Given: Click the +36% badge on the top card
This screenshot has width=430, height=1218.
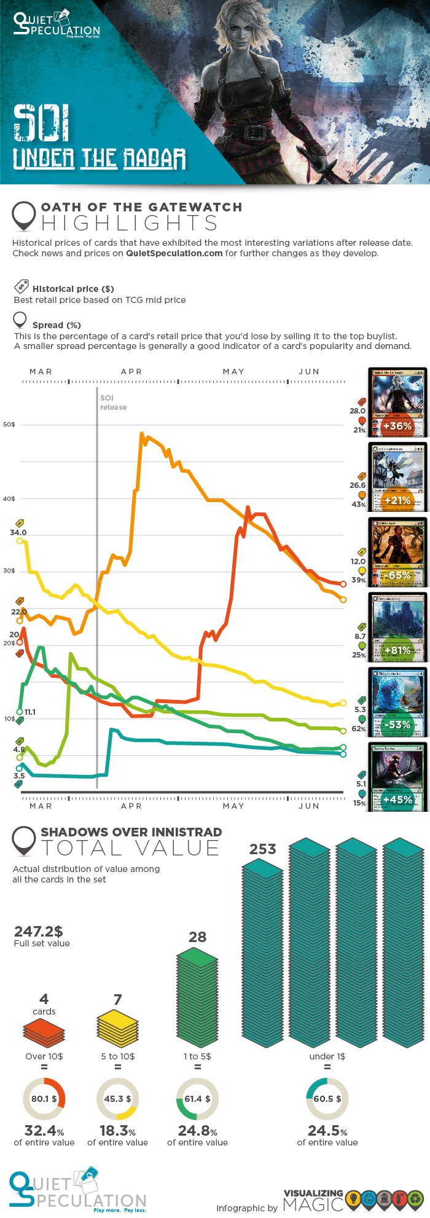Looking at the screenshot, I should pos(397,426).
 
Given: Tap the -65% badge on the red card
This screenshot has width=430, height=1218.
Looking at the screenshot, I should pos(397,575).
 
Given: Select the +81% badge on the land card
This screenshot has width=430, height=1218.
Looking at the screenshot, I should pos(397,650).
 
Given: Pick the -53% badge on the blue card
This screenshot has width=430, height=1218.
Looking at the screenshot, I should pos(397,725).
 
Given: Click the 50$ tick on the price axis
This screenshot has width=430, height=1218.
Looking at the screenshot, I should pos(9,425).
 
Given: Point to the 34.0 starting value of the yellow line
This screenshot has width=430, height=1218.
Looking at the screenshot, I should pos(18,533).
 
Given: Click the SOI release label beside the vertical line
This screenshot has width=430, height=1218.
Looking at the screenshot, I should pos(113,403).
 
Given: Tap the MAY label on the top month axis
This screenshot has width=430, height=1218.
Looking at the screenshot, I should pos(233,372).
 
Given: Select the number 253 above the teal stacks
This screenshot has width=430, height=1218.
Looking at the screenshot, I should pos(262,849).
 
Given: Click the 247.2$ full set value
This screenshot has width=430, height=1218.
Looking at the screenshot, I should pos(38,932).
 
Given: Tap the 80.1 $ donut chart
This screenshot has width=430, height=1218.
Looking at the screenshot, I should pos(44,1099).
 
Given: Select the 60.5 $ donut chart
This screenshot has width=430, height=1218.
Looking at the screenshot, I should pos(327,1099).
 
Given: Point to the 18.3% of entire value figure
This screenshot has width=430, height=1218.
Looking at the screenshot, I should pos(117,1131).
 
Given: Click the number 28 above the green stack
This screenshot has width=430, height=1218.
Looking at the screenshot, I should pos(197,937).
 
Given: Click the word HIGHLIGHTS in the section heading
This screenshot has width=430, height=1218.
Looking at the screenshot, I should pos(130,223).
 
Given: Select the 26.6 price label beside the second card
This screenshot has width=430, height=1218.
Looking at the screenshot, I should pos(358,485).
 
